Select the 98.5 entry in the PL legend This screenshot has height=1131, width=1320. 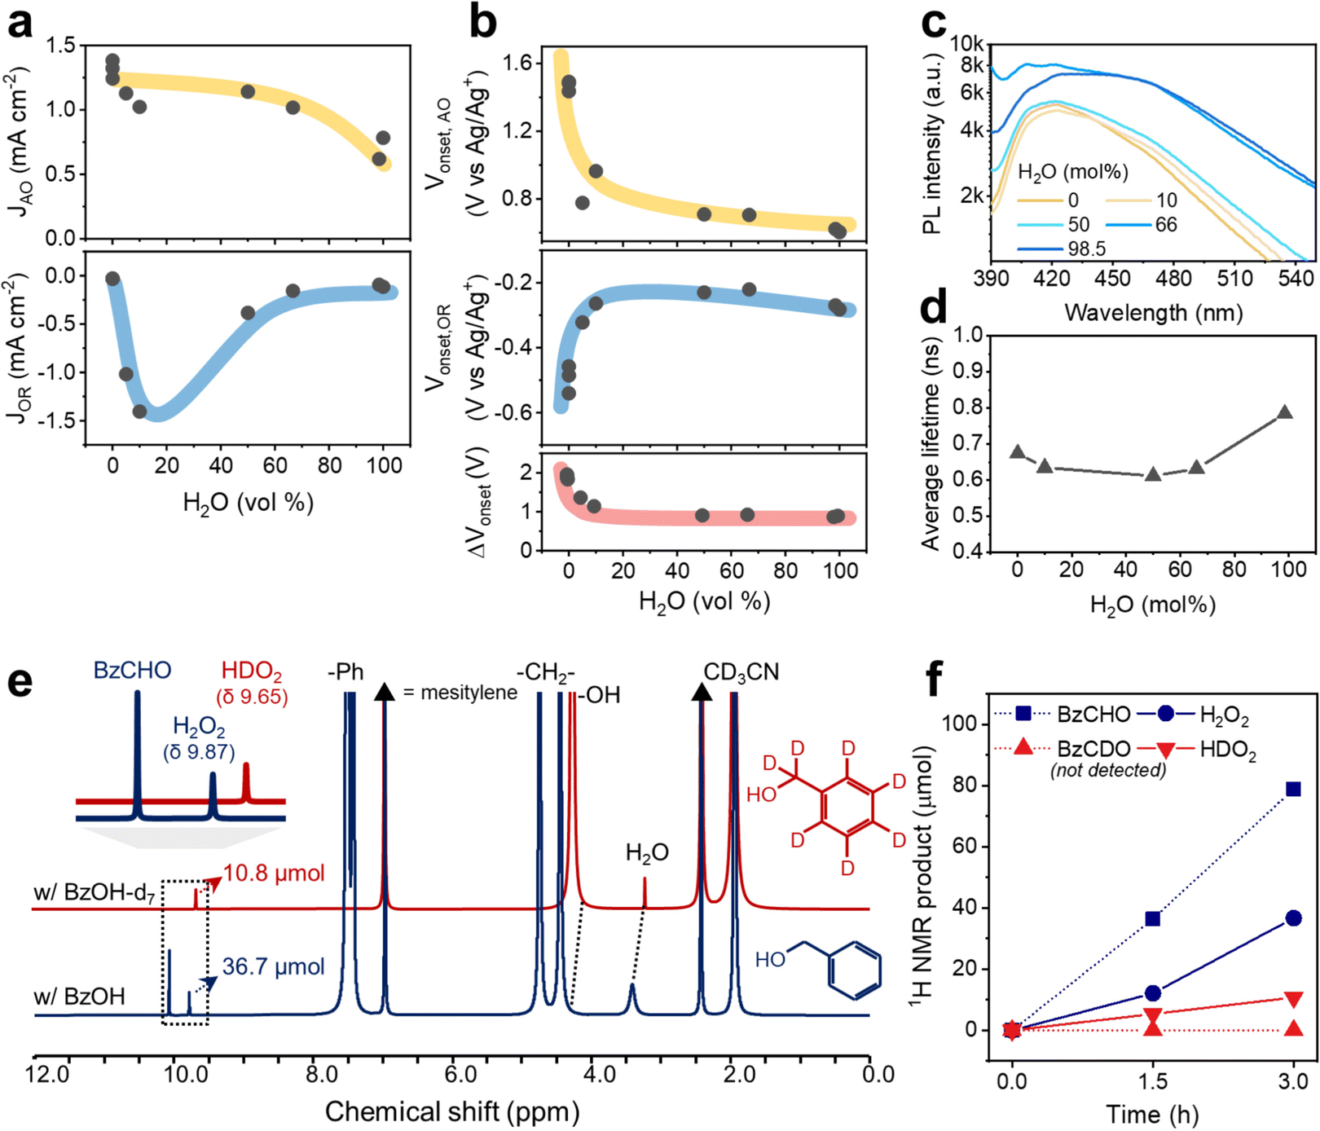1086,249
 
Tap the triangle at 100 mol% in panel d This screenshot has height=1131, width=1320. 1285,412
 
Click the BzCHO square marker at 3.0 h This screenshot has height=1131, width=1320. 1293,789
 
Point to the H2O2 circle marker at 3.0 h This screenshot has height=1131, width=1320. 1293,918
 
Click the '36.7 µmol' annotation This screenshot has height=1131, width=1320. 273,967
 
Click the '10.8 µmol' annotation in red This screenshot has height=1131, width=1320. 274,874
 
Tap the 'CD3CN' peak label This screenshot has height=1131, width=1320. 741,672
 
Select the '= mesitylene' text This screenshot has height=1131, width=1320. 460,693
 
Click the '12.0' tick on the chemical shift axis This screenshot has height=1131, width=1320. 48,1074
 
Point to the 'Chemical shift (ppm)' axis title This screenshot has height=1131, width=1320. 452,1111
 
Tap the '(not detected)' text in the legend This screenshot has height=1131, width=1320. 1107,770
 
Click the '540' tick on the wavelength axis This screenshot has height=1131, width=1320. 1296,279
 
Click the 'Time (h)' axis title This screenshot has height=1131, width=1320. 1152,1114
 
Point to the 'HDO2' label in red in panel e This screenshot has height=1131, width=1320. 252,671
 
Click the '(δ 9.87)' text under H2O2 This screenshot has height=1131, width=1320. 199,751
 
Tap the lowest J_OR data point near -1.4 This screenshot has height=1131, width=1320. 139,411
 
